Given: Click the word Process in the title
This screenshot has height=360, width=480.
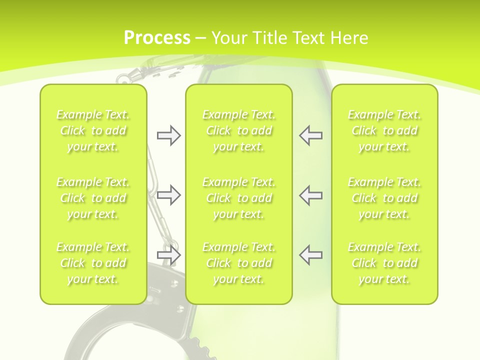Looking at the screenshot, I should pos(156,38).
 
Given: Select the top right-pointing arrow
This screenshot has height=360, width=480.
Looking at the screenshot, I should pos(168,135).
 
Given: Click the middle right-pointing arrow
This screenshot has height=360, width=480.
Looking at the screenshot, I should pos(168,195).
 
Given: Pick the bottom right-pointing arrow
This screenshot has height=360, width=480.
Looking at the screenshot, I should pos(168,255).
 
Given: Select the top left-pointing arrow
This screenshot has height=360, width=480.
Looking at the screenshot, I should pos(311,135).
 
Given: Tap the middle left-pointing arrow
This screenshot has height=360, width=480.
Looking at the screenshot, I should pos(311,195).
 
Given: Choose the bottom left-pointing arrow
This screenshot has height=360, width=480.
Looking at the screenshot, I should pos(311,255).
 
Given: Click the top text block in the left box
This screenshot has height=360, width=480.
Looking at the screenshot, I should pos(93,130).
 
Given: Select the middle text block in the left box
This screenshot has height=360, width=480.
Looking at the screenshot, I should pos(93,198).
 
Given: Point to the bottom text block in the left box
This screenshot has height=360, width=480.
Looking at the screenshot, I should pos(93,263).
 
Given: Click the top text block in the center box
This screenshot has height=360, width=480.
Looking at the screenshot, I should pos(239,130).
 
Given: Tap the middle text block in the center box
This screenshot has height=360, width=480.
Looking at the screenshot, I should pos(239,198).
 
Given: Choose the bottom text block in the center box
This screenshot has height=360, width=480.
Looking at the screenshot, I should pos(239,263).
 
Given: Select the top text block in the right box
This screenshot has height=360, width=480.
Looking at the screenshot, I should pos(384,130).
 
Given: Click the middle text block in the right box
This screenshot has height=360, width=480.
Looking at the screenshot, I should pos(384,198).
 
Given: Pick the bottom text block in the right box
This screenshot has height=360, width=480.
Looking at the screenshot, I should pos(384,263).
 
